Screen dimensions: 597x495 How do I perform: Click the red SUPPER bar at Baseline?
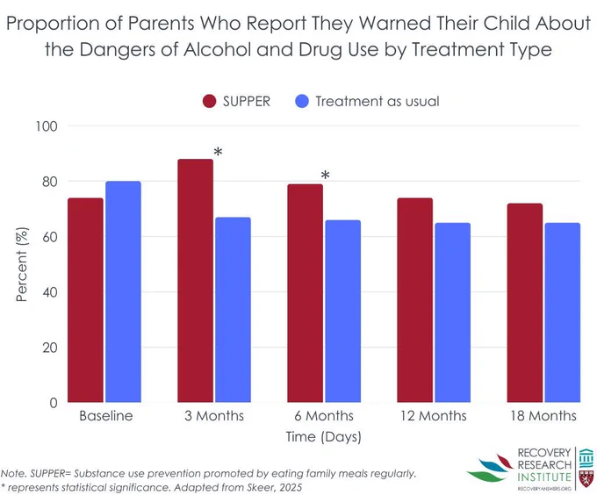[x=85, y=300]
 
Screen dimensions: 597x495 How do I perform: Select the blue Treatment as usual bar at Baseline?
[x=124, y=291]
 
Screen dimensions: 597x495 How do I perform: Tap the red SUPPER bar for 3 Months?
[x=195, y=280]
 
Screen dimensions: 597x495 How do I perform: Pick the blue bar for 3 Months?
[x=233, y=310]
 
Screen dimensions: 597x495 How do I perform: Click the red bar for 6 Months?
[x=305, y=293]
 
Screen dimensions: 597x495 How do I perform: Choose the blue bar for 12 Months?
[x=453, y=312]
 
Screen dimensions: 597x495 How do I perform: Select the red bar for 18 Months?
[x=525, y=303]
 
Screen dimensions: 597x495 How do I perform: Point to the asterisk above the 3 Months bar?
[x=218, y=152]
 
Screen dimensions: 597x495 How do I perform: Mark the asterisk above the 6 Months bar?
[x=325, y=175]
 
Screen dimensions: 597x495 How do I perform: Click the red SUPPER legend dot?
[x=210, y=101]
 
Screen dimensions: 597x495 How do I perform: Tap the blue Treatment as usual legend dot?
[x=302, y=101]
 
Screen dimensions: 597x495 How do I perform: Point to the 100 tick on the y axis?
[x=47, y=126]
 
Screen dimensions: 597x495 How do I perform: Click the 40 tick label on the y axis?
[x=50, y=292]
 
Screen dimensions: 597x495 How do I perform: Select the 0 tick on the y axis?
[x=54, y=403]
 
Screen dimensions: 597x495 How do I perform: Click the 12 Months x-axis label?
[x=434, y=416]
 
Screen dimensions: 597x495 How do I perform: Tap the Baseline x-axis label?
[x=106, y=416]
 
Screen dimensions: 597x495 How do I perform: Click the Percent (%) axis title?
[x=22, y=264]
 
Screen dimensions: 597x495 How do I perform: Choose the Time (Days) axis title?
[x=324, y=437]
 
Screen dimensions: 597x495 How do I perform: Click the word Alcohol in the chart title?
[x=217, y=49]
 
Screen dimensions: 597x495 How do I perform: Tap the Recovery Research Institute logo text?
[x=544, y=465]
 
